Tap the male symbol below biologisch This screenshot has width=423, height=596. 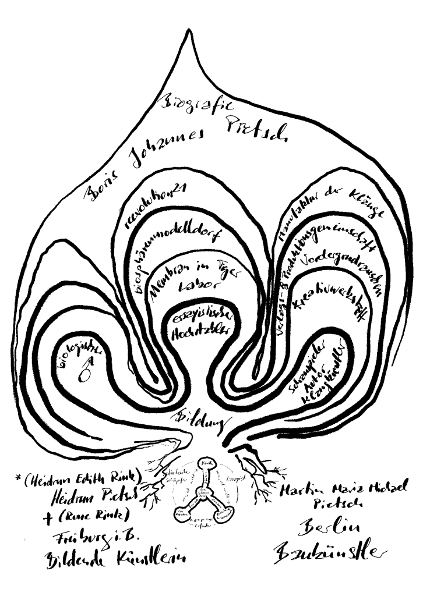coord(85,371)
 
